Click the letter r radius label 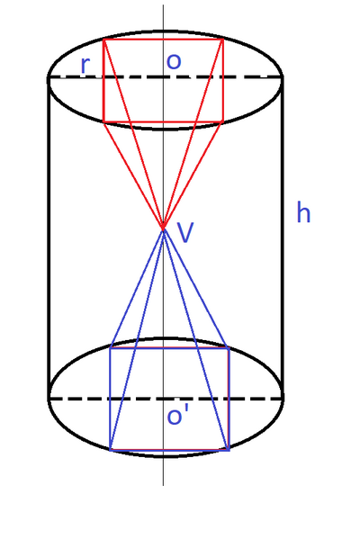pos(85,66)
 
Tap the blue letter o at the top pos(174,61)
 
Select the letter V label pos(185,233)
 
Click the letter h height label pos(303,212)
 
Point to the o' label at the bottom pos(178,416)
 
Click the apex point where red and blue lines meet pos(163,229)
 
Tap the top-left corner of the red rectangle pos(103,40)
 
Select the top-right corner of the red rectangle pos(223,40)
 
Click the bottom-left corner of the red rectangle pos(103,121)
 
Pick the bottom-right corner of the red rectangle pos(223,121)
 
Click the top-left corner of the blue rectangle pos(110,348)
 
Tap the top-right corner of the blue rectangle pos(229,348)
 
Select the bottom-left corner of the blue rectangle pos(110,449)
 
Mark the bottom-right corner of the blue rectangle pos(229,449)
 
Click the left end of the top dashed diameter pos(49,77)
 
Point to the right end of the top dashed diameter pos(283,77)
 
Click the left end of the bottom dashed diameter pos(49,399)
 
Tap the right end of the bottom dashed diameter pos(283,399)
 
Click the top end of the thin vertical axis pos(163,4)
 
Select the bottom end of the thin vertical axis pos(163,485)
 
